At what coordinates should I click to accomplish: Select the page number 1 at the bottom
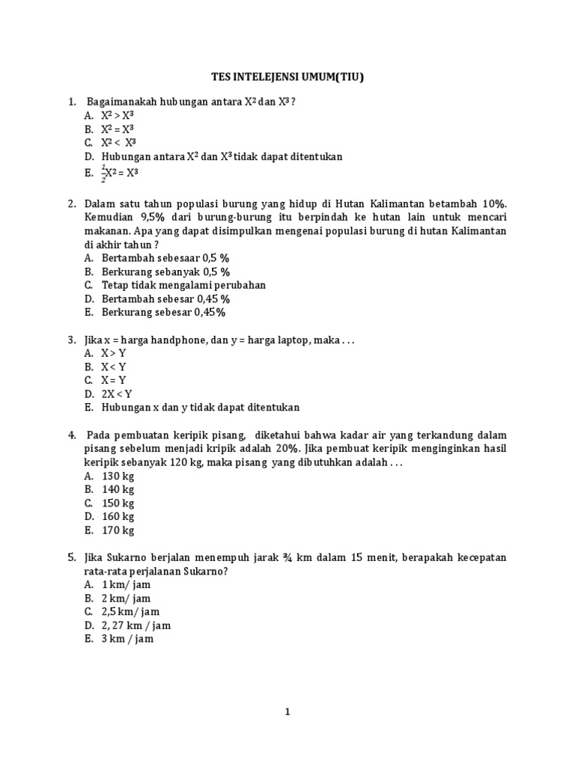pos(286,712)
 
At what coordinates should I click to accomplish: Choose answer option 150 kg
pos(118,503)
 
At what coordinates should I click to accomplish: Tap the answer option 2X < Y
pos(117,393)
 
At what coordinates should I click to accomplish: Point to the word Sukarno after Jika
pos(131,558)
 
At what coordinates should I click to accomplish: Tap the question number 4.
pos(72,435)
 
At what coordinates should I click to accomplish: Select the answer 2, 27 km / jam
pos(136,625)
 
